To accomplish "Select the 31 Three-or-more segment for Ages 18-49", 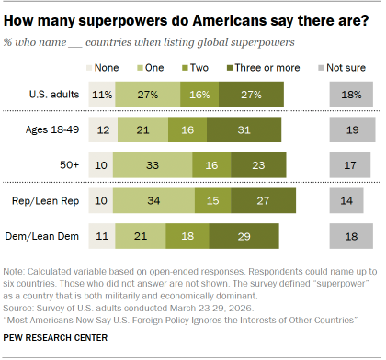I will (244, 130).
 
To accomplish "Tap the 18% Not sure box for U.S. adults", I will (350, 94).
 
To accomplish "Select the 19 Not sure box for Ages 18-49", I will (350, 130).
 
